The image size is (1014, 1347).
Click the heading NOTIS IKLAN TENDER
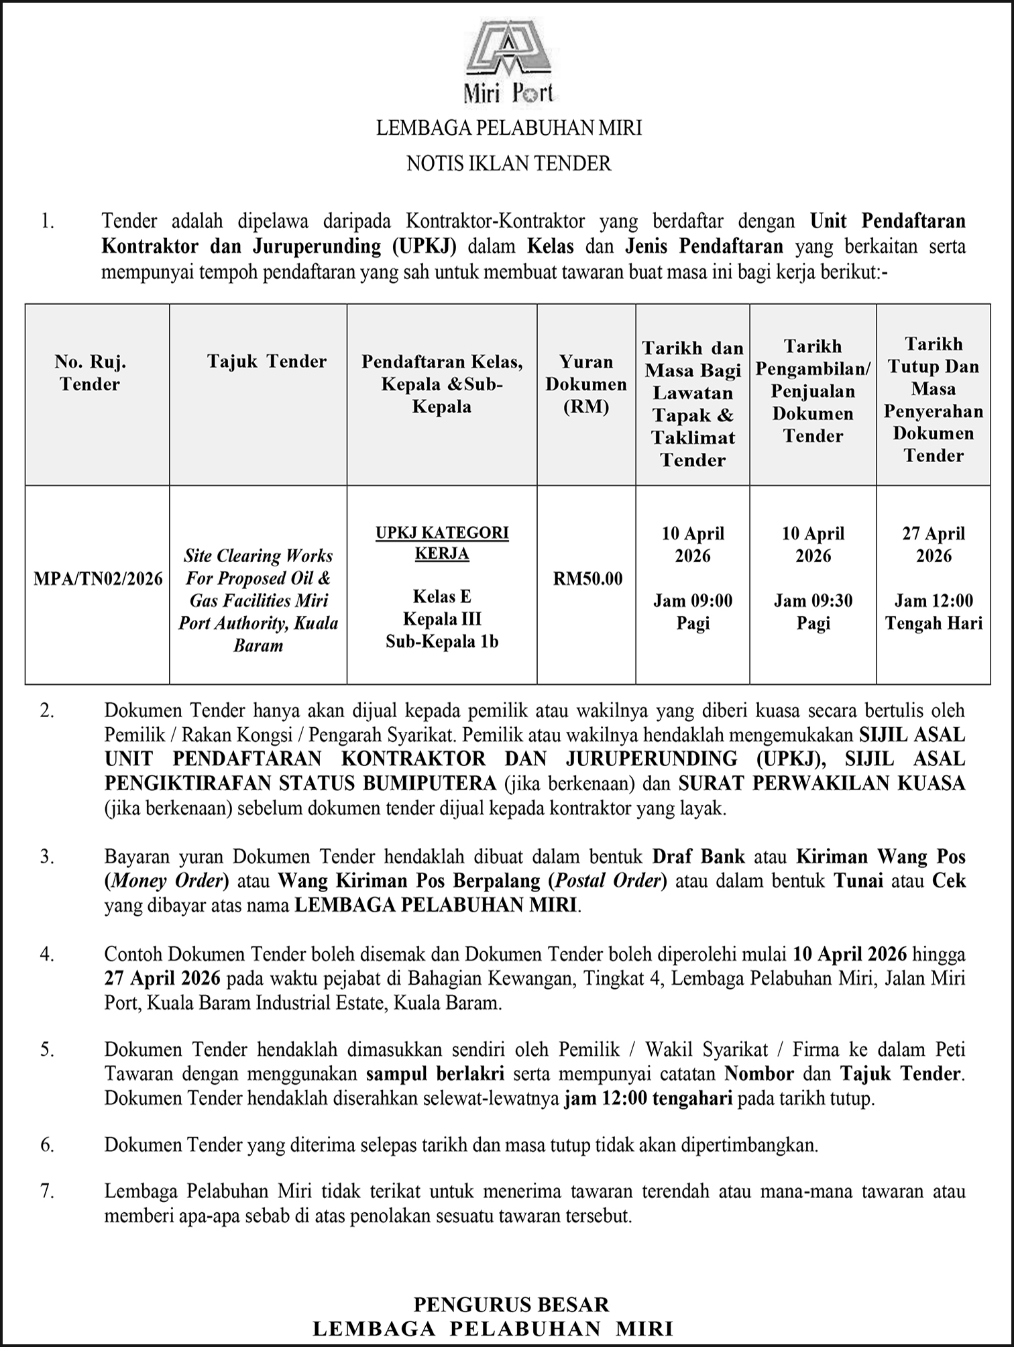[x=508, y=163]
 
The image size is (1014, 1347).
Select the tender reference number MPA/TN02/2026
[x=98, y=578]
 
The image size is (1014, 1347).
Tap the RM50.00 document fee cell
[x=587, y=578]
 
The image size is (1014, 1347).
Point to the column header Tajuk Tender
[x=266, y=362]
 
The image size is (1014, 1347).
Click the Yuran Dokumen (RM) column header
[x=586, y=384]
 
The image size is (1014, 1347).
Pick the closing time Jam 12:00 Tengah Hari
[x=934, y=612]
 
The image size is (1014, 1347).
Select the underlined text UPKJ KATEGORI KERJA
[x=442, y=543]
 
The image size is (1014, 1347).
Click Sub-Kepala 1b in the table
[x=442, y=641]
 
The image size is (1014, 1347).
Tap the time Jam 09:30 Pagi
[x=813, y=612]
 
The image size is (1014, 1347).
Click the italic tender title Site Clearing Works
[x=258, y=556]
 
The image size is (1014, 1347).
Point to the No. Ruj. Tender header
[x=91, y=373]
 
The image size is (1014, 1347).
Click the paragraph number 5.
[x=46, y=1048]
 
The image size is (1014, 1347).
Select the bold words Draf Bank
[x=699, y=856]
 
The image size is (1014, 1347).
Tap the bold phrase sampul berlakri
[x=435, y=1073]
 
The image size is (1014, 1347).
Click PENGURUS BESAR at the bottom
[x=511, y=1304]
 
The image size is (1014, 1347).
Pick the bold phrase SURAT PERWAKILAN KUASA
[x=822, y=783]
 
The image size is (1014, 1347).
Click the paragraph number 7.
[x=46, y=1191]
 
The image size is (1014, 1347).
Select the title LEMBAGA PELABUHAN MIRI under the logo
[x=508, y=127]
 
